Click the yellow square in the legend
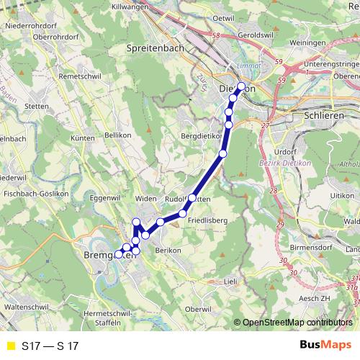pyautogui.click(x=9, y=346)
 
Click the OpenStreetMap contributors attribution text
pyautogui.click(x=297, y=322)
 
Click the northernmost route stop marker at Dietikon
pyautogui.click(x=242, y=87)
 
